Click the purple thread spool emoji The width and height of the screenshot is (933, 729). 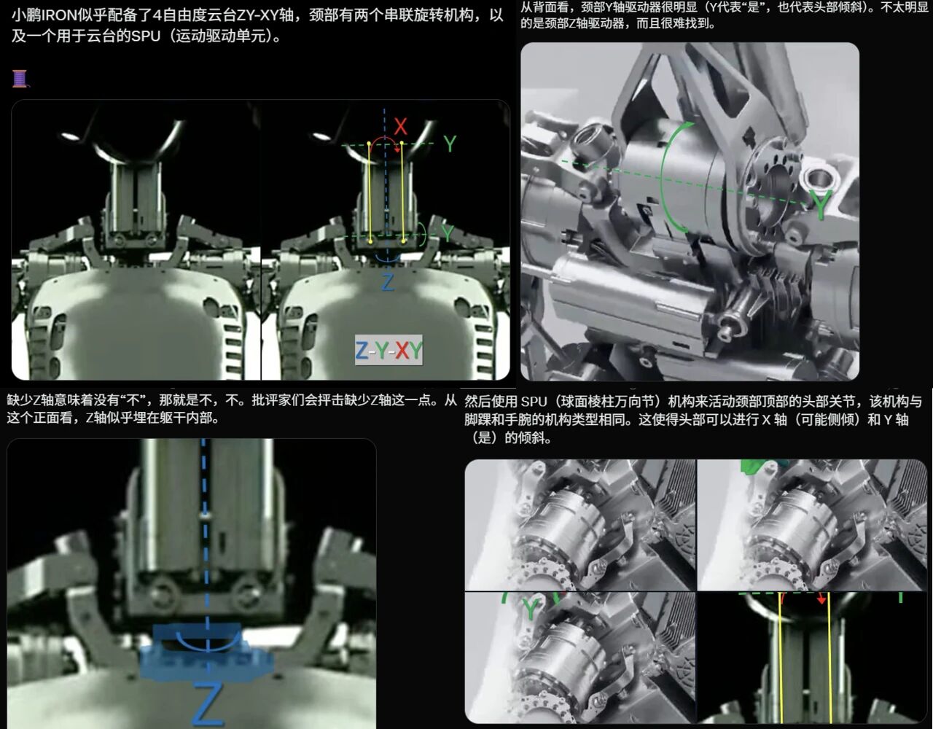[x=20, y=79]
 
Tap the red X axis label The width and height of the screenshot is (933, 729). [x=400, y=127]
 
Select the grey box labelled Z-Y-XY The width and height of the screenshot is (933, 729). [x=389, y=351]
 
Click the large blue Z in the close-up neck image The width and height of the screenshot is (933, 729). [x=208, y=704]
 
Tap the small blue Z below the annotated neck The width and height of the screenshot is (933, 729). [x=388, y=283]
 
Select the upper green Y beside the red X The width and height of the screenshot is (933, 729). [x=450, y=144]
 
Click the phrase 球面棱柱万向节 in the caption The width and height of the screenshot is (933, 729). [x=606, y=402]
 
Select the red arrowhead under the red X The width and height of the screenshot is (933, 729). [x=397, y=149]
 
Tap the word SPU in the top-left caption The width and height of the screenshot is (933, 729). [x=146, y=36]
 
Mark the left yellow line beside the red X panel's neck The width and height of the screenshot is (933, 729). [x=370, y=192]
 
